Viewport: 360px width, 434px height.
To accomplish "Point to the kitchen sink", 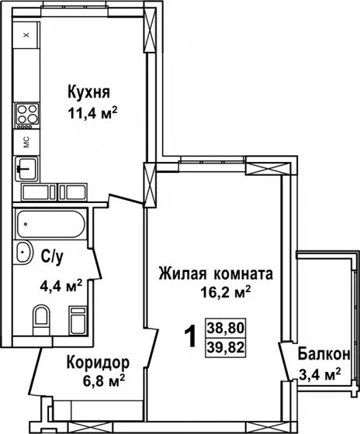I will click(26, 167).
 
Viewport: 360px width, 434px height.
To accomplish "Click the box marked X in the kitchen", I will click(26, 35).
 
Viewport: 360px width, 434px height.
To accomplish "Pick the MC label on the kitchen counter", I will click(26, 142).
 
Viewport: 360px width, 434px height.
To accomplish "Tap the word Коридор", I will click(97, 363).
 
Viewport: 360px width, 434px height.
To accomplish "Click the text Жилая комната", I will click(215, 274).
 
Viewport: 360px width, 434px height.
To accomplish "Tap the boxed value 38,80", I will click(223, 329).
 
